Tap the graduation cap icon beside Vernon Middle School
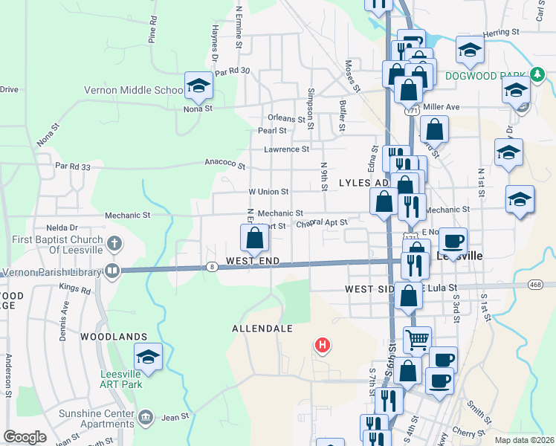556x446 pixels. coord(198,86)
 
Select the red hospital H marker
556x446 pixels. coord(323,345)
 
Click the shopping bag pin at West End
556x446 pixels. coord(254,239)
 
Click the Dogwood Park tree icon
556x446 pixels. coord(537,75)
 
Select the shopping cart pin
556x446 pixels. coord(418,340)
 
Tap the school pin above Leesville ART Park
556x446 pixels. coord(148,358)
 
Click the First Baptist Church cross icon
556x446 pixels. coord(113,242)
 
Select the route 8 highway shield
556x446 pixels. coord(213,268)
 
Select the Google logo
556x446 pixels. coord(25,436)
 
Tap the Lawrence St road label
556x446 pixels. coord(286,149)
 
